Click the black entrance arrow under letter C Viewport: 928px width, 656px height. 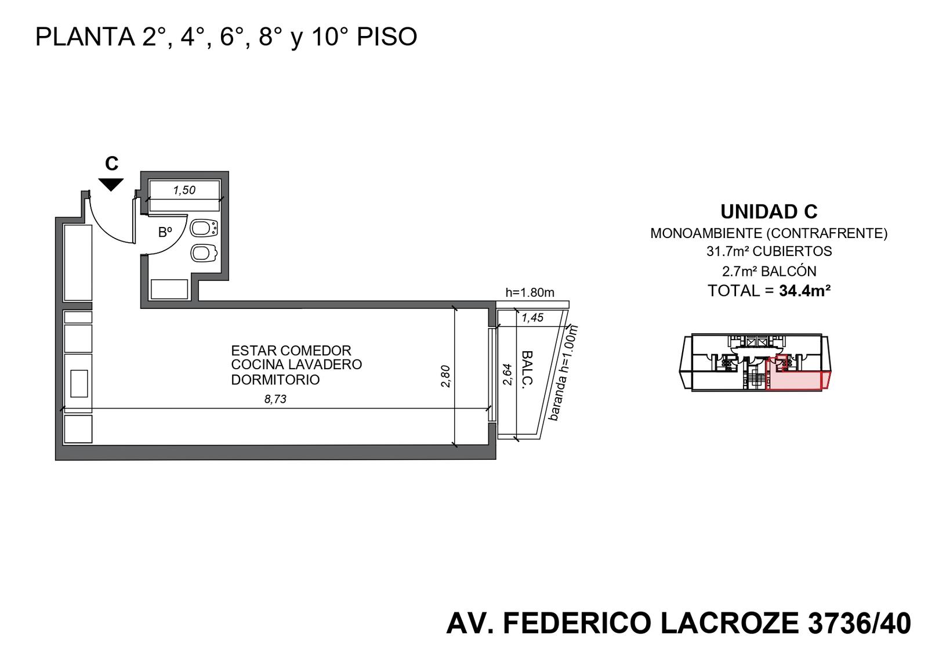111,184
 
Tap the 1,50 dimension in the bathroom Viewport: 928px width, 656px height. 184,190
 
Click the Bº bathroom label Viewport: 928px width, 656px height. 165,232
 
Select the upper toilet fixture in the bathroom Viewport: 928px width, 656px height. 204,229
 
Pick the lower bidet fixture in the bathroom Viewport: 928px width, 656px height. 204,253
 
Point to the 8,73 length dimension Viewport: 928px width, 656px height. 275,399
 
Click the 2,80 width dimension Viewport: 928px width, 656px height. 445,376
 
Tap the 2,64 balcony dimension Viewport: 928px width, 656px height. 507,374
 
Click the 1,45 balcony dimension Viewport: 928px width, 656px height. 532,318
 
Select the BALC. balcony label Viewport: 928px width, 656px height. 526,370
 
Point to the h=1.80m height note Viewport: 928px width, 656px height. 530,293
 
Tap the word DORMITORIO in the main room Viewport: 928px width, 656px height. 275,380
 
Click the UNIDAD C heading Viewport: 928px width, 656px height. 769,212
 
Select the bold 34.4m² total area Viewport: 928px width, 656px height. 804,291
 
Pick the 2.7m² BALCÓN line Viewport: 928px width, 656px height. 769,272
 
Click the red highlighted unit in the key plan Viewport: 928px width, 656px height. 794,379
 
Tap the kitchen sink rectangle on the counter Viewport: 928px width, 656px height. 79,384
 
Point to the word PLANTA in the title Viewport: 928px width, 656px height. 85,37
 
